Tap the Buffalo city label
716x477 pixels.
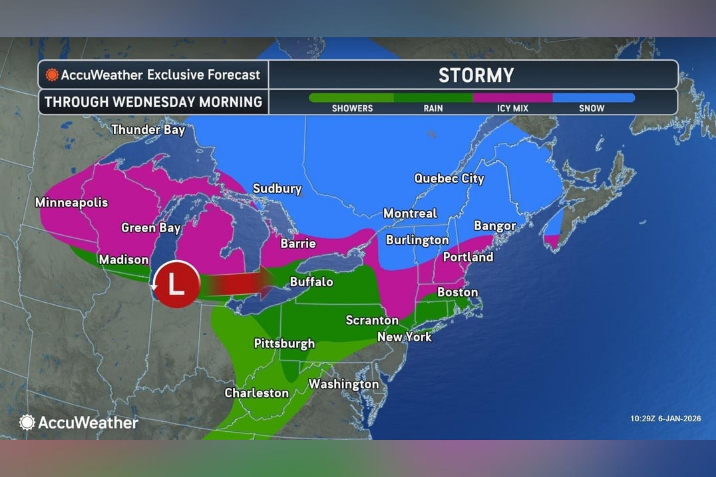(311, 282)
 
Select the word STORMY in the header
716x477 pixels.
(476, 75)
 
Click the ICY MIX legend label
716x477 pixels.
(513, 108)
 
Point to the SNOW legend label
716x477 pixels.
(591, 108)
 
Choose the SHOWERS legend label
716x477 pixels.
(352, 108)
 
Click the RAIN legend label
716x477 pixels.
(433, 108)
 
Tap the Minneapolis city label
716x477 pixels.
(72, 202)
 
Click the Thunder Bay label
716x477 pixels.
(148, 130)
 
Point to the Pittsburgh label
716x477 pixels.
(284, 343)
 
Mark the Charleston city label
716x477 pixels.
(257, 393)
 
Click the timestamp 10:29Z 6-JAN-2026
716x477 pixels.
(665, 419)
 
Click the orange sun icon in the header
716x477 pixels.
(52, 75)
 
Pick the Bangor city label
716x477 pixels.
(495, 226)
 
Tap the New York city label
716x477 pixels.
(405, 337)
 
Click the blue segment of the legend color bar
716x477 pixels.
(594, 98)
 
